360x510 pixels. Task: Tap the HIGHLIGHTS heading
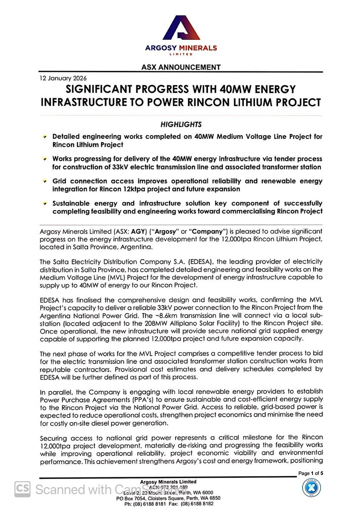click(x=181, y=125)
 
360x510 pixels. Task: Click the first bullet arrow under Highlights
click(x=44, y=137)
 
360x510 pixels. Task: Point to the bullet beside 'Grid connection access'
click(x=44, y=181)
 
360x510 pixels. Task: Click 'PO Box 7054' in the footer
click(x=132, y=498)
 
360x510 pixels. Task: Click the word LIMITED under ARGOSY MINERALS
click(x=181, y=54)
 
